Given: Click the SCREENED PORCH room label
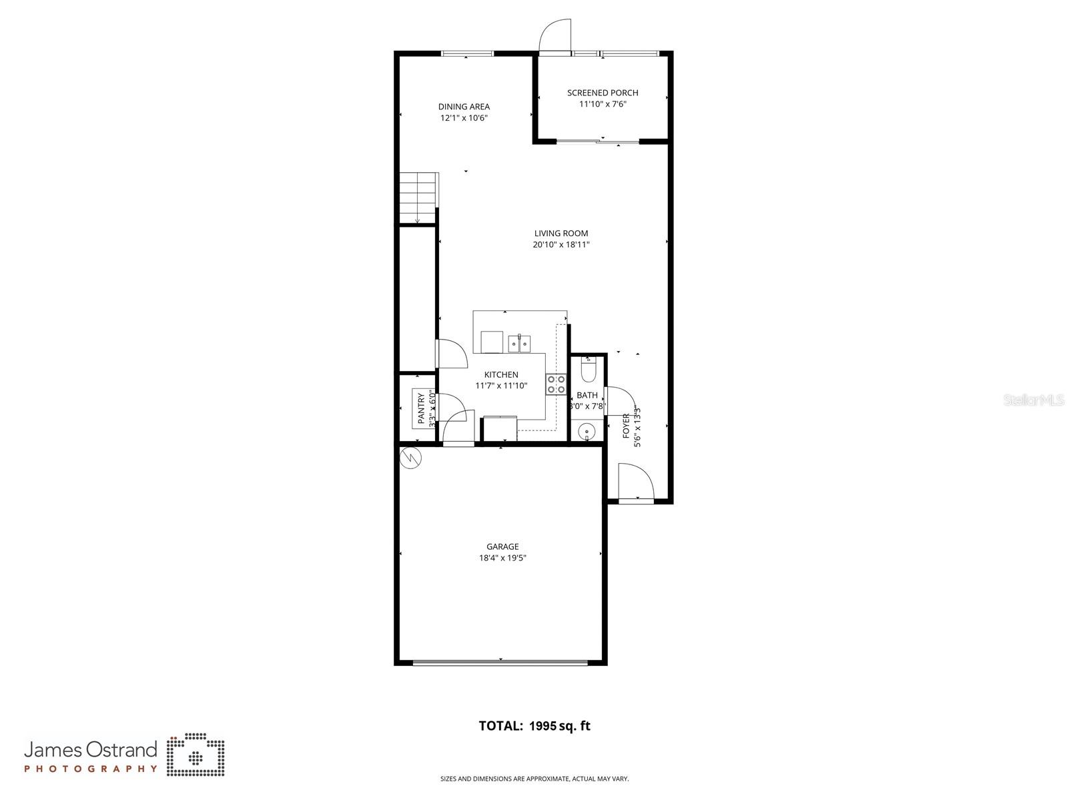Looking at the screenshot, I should tap(602, 93).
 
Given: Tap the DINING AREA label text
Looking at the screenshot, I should tap(464, 107).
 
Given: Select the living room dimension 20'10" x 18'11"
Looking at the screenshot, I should tap(561, 245).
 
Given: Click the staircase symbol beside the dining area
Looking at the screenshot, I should tap(418, 197).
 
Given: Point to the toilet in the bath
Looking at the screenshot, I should tap(588, 369).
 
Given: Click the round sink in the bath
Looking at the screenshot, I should tap(587, 431).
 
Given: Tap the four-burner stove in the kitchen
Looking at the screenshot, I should tap(557, 385).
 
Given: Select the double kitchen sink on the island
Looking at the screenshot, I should tap(518, 344).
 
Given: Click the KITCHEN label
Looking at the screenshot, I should tap(501, 375).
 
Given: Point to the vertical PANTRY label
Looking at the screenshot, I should tap(422, 408).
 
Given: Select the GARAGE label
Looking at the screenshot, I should tap(502, 547).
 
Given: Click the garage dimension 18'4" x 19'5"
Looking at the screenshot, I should tap(502, 558).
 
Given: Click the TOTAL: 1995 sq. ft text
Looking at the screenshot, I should tap(535, 726).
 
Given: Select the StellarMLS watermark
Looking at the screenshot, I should tap(1034, 400).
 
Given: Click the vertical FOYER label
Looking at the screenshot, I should tap(626, 426).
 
